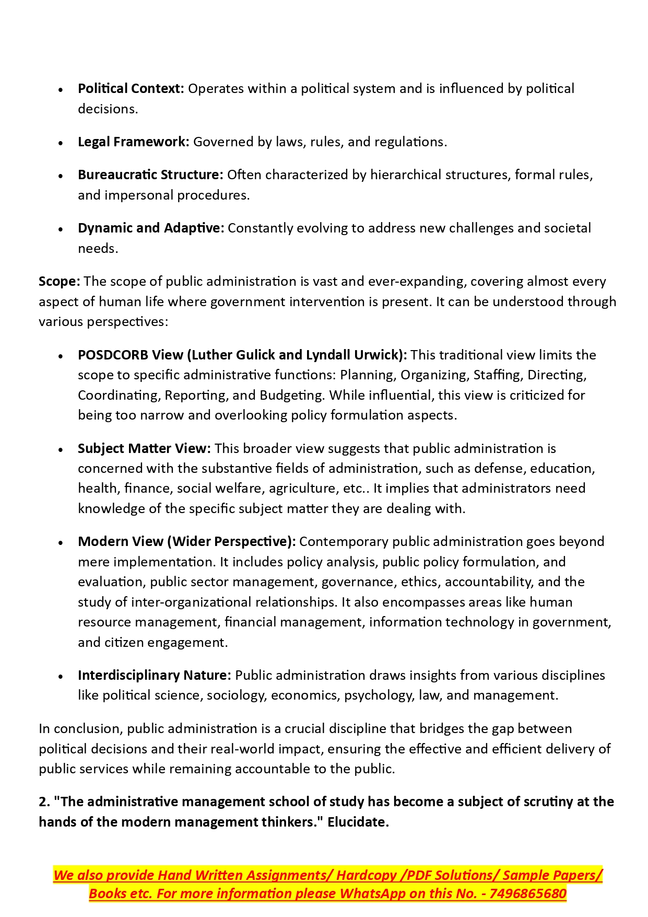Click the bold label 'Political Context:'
131,89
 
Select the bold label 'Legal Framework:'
133,142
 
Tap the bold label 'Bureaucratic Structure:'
150,175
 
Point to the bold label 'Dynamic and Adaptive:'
151,228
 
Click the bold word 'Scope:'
59,282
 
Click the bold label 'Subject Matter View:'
144,449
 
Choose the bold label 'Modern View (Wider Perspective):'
186,542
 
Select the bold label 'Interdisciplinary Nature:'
154,676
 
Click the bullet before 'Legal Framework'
61,143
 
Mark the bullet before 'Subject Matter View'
61,449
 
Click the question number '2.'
44,802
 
